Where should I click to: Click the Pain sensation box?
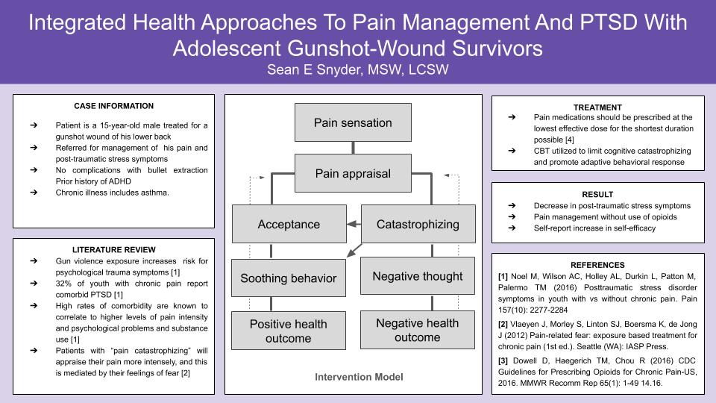click(353, 122)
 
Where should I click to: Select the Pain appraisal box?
click(353, 173)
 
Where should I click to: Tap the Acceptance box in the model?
click(289, 224)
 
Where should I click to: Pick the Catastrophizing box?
click(418, 224)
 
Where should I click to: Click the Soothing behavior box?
click(289, 278)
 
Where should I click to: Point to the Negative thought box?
click(418, 276)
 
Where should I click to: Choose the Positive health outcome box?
click(289, 331)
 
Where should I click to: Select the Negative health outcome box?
click(418, 330)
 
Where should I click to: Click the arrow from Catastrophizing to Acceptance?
click(354, 224)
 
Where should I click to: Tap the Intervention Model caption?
click(359, 377)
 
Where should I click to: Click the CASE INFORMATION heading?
click(113, 106)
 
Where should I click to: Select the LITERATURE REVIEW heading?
click(113, 249)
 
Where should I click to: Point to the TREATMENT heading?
click(597, 107)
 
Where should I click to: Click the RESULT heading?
click(597, 194)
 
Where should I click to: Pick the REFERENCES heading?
click(597, 265)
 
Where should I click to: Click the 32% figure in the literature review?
click(63, 284)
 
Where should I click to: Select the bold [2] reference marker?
click(503, 324)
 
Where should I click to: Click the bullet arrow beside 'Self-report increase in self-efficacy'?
click(512, 228)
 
